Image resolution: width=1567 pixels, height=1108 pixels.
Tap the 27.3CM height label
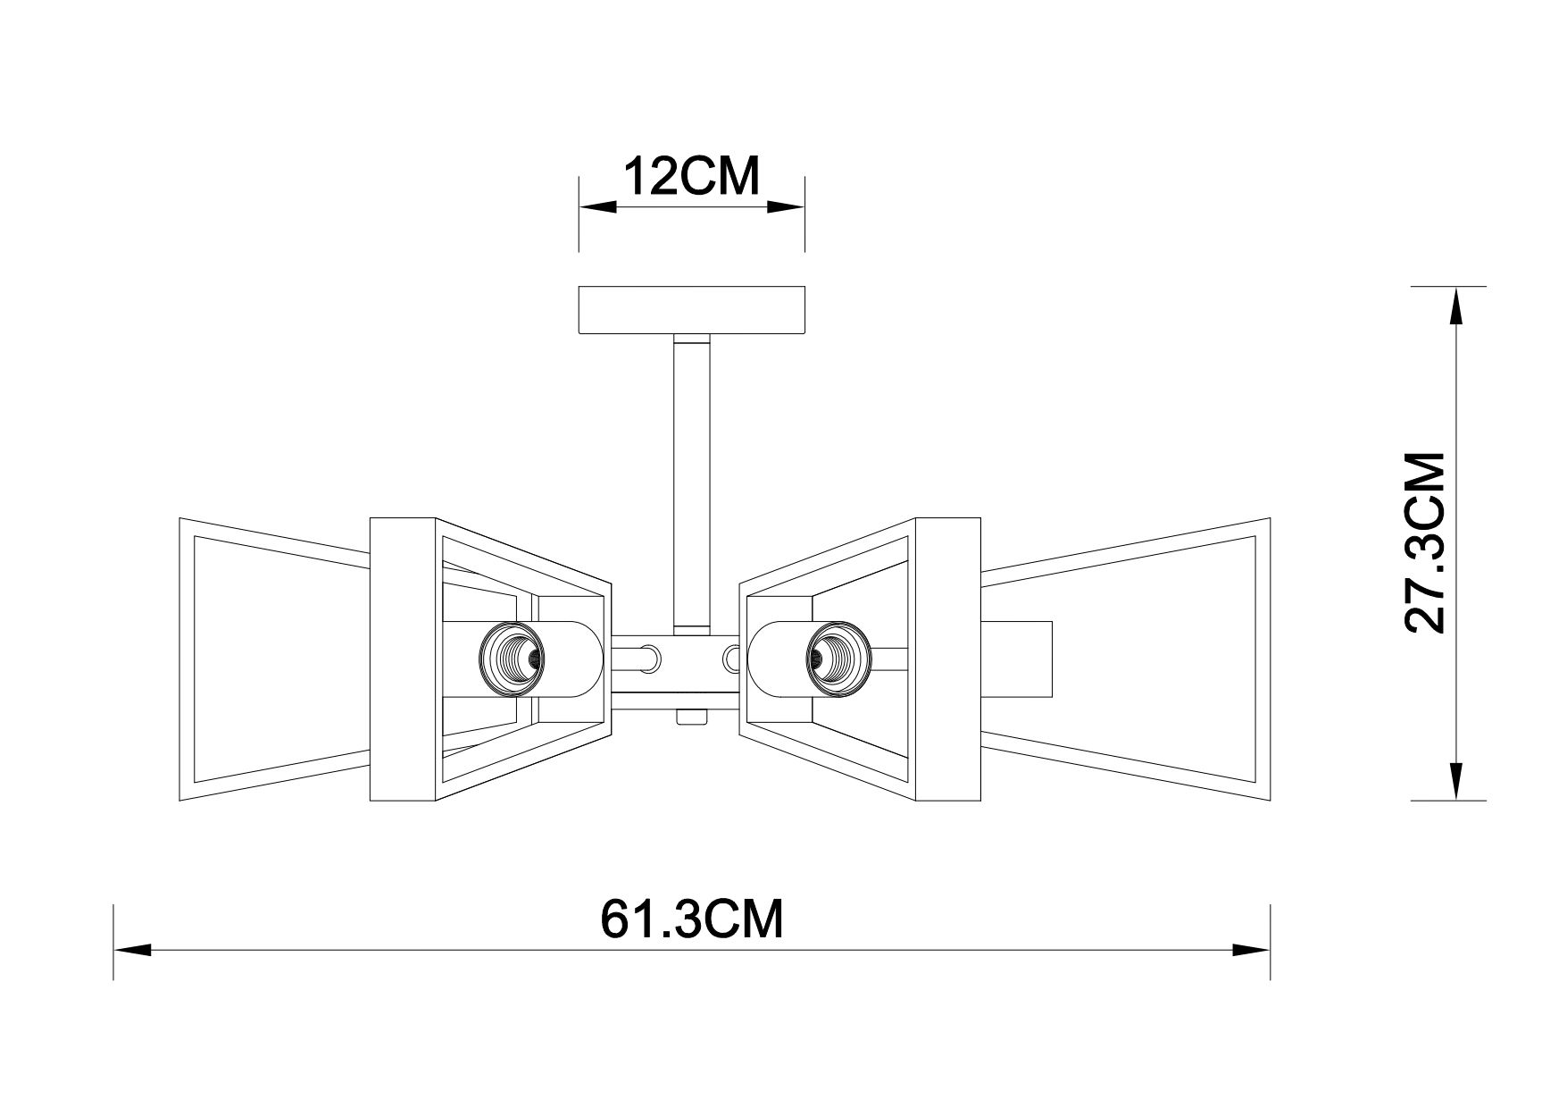click(x=1425, y=542)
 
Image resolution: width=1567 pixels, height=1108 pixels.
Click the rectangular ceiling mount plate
click(x=692, y=310)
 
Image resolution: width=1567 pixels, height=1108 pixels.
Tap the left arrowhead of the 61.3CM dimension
click(x=132, y=949)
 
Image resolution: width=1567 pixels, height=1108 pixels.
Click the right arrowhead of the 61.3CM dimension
click(x=1251, y=949)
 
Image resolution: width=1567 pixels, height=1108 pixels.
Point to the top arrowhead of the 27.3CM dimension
click(x=1455, y=306)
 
